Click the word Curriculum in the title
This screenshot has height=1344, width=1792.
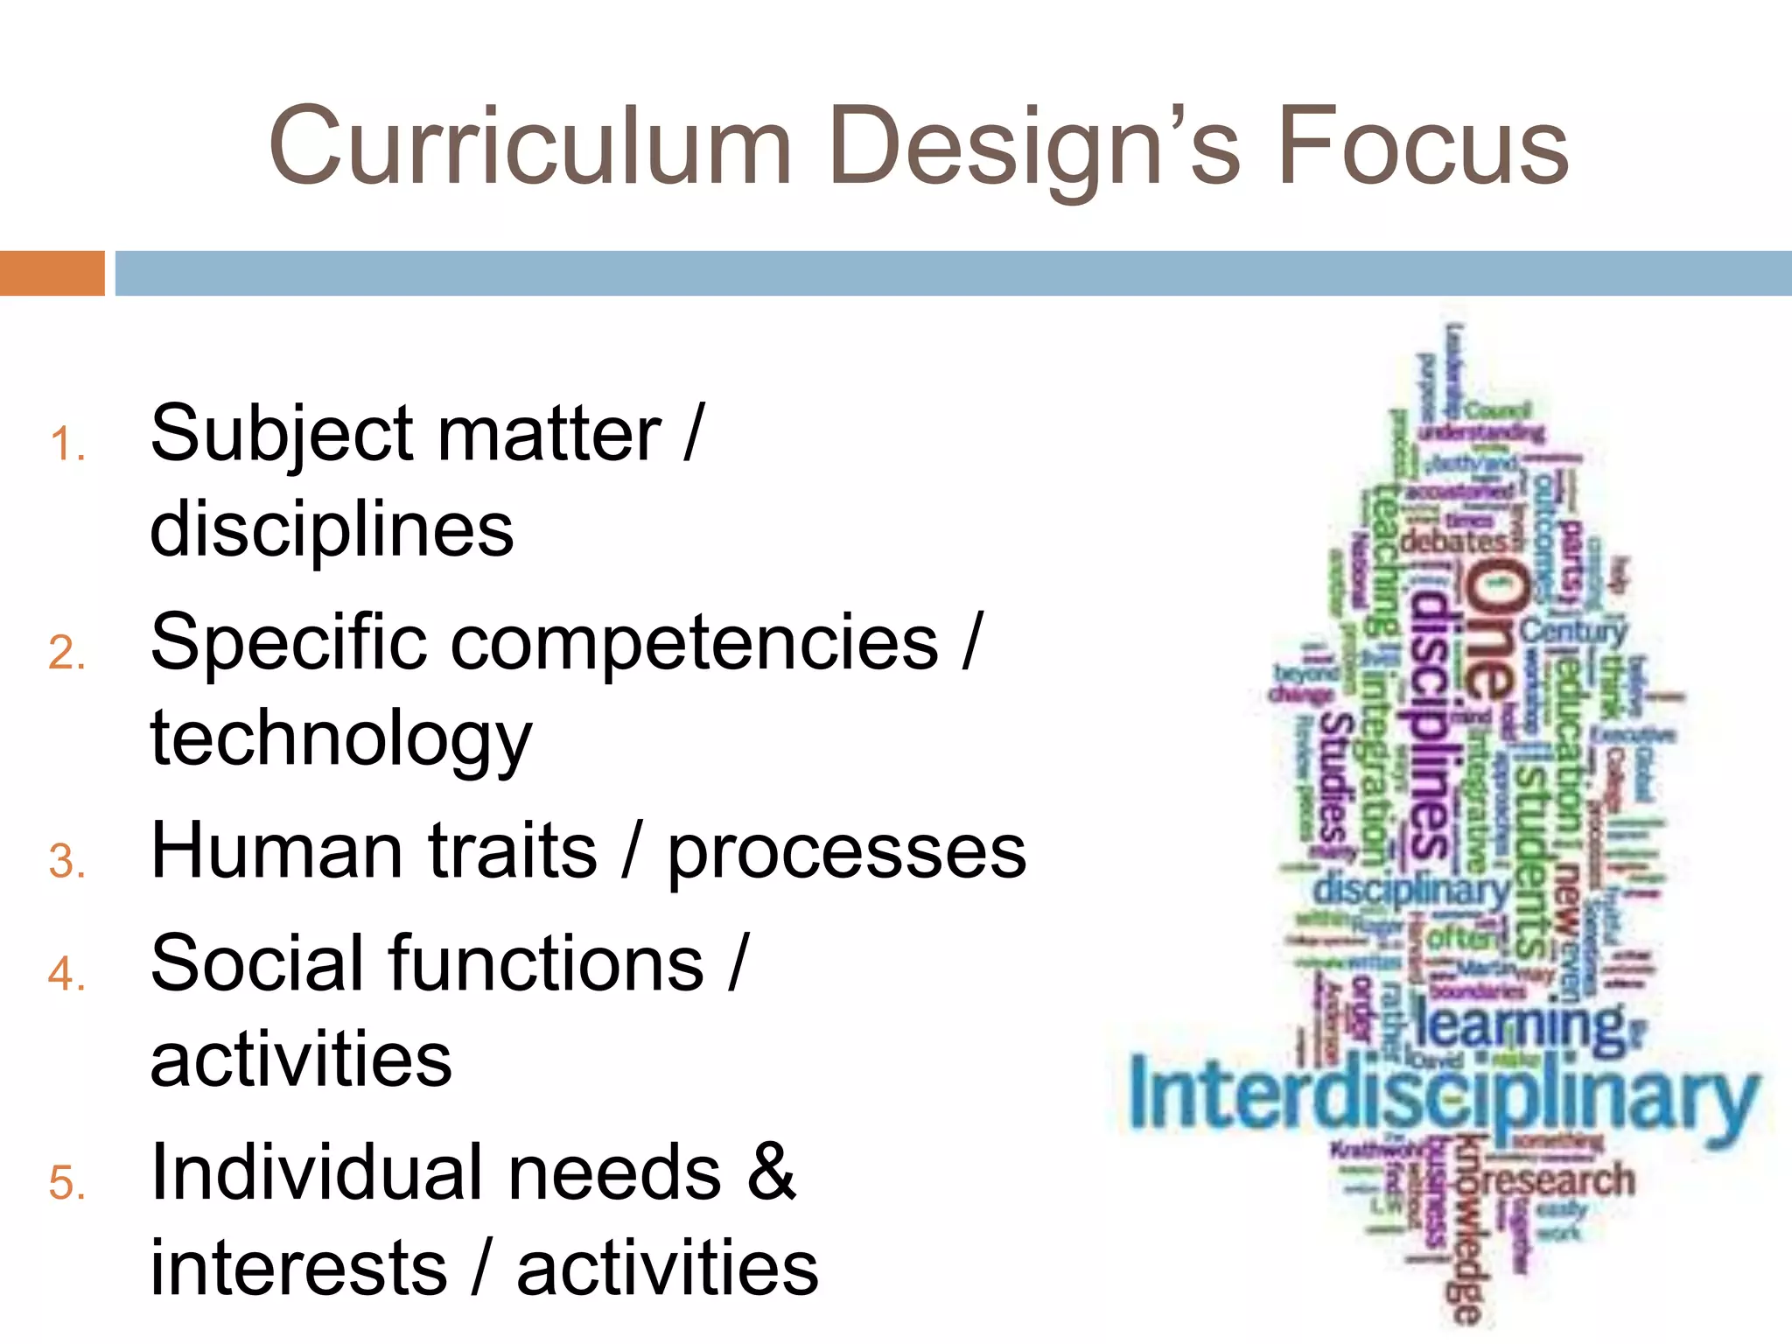(x=530, y=146)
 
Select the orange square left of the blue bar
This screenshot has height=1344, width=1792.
(x=52, y=273)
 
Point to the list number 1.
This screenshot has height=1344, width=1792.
(x=66, y=444)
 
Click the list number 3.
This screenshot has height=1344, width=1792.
(x=66, y=862)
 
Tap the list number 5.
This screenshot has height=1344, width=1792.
(x=66, y=1183)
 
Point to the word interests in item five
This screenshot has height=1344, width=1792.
(x=298, y=1269)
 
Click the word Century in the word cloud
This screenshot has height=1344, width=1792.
(x=1573, y=630)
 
